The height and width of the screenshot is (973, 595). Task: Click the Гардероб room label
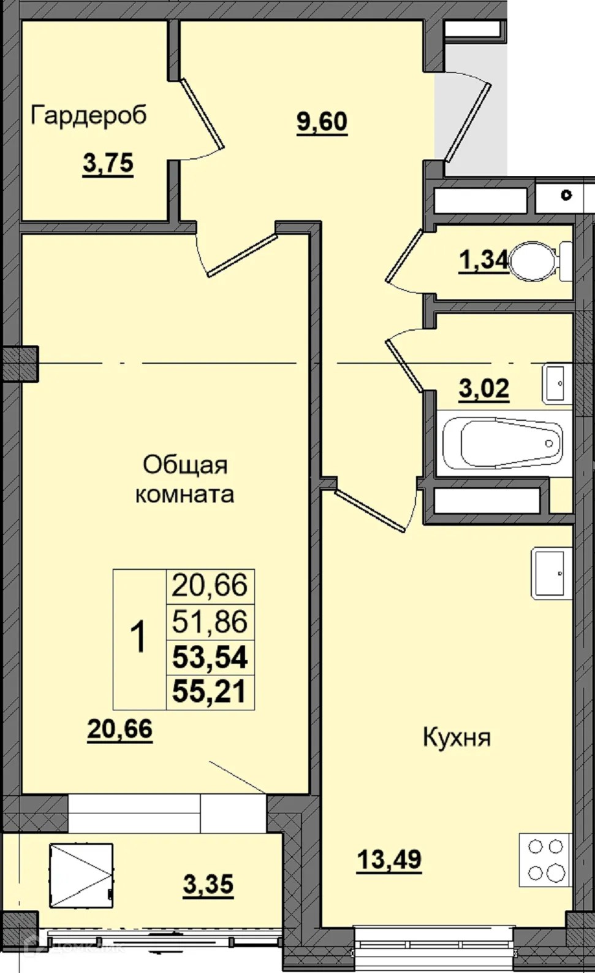point(89,115)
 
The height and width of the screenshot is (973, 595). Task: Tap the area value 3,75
point(108,164)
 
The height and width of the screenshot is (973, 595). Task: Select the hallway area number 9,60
point(322,121)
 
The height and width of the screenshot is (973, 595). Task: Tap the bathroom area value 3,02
point(484,388)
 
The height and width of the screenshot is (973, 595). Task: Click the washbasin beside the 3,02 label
point(556,383)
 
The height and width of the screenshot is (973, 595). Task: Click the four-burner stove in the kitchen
point(545,859)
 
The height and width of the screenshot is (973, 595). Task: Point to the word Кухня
point(457,737)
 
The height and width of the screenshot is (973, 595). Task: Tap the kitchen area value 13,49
point(389,860)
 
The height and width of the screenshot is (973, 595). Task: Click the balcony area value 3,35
point(208,885)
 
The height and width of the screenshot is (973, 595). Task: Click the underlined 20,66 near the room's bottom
point(119,729)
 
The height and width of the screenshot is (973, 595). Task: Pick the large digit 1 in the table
point(139,637)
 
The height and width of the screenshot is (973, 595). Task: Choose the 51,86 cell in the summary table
point(210,621)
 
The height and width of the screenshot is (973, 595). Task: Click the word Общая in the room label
point(176,465)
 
